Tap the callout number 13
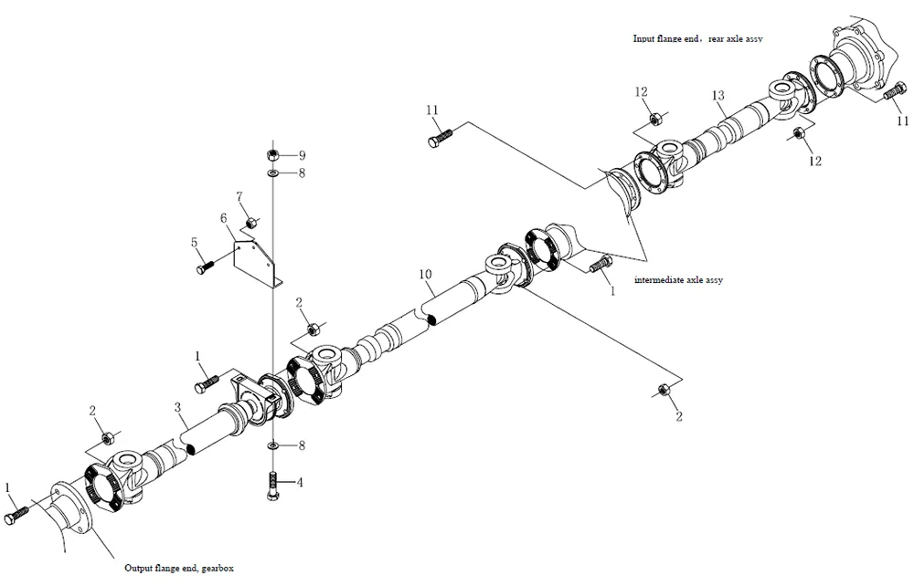click(x=717, y=96)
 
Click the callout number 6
click(x=222, y=217)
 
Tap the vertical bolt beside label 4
click(x=273, y=483)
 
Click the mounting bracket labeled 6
click(x=257, y=264)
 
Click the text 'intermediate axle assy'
click(x=678, y=280)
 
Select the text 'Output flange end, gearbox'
click(x=179, y=568)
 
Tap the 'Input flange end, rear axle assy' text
click(x=698, y=39)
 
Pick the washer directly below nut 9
click(x=273, y=172)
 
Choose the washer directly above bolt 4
click(x=273, y=445)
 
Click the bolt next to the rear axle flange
click(x=892, y=93)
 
